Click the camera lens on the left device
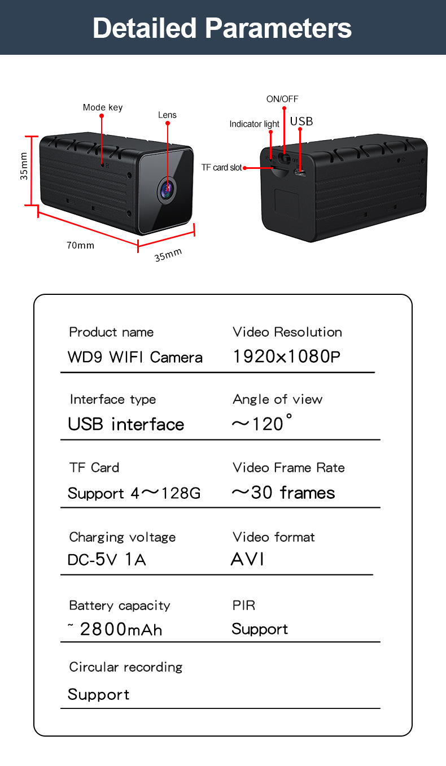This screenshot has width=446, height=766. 167,189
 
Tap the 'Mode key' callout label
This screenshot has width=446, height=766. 102,107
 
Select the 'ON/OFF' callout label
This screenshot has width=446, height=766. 282,99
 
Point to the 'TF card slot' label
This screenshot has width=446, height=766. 221,168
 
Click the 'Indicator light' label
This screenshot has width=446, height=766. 254,124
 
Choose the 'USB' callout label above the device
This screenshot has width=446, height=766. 301,121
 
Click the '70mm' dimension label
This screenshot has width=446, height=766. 80,245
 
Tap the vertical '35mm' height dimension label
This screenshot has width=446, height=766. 24,166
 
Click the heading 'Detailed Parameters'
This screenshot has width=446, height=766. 222,28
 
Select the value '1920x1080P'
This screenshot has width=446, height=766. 286,356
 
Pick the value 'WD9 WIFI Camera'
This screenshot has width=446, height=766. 135,357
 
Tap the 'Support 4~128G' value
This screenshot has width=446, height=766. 134,493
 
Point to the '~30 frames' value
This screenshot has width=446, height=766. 283,493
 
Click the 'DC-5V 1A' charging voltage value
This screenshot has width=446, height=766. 107,560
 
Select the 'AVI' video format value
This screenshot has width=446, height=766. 247,559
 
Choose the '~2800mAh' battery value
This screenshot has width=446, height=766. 115,629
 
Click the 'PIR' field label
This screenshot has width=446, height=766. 244,606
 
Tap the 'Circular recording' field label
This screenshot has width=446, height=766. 126,667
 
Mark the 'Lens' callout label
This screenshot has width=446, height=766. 167,115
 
